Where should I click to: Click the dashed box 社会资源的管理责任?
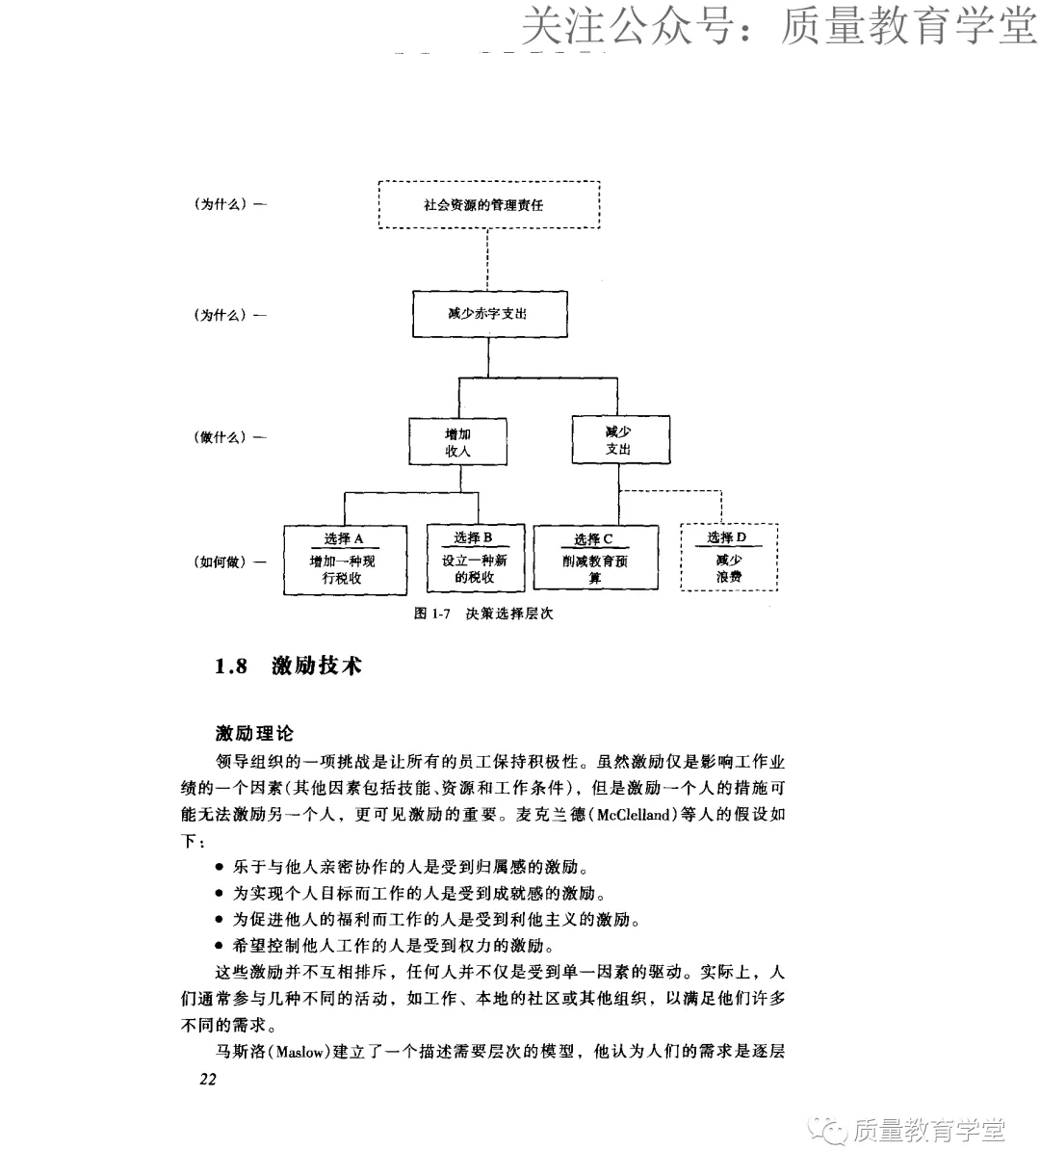[489, 204]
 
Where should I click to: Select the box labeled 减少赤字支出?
[489, 314]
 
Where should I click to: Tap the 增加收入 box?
[457, 442]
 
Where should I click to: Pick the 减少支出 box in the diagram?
[619, 441]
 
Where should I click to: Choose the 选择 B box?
[475, 559]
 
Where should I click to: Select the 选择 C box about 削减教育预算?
[595, 559]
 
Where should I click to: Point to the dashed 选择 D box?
[729, 558]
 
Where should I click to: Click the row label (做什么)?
[220, 437]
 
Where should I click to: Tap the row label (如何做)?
[220, 562]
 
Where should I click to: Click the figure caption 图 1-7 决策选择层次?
[483, 614]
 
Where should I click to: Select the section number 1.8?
[231, 666]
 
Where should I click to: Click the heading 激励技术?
[317, 666]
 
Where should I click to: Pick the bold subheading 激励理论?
[254, 734]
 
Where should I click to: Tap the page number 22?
[209, 1079]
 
